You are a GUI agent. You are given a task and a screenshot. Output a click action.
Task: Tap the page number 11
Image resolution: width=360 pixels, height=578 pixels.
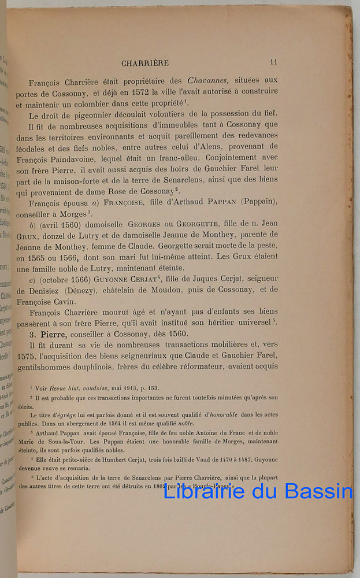point(274,62)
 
